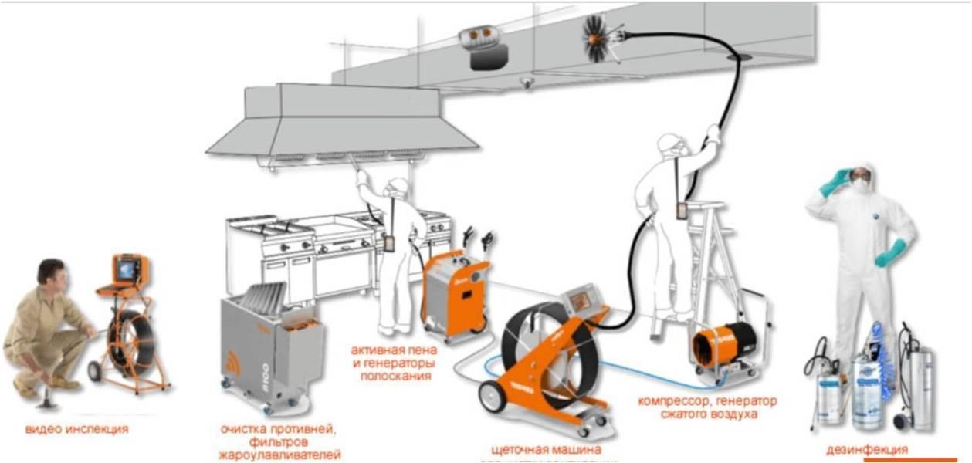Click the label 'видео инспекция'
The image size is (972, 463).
[x=76, y=429]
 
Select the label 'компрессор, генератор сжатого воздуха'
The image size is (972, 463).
[x=707, y=407]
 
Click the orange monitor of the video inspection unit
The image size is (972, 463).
[x=128, y=269]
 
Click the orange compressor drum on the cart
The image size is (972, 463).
[x=723, y=343]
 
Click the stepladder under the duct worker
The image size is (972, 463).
[x=714, y=262]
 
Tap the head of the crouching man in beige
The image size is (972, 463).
[x=51, y=272]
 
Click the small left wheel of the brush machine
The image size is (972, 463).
[x=492, y=396]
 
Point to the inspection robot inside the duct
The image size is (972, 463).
[x=483, y=46]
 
